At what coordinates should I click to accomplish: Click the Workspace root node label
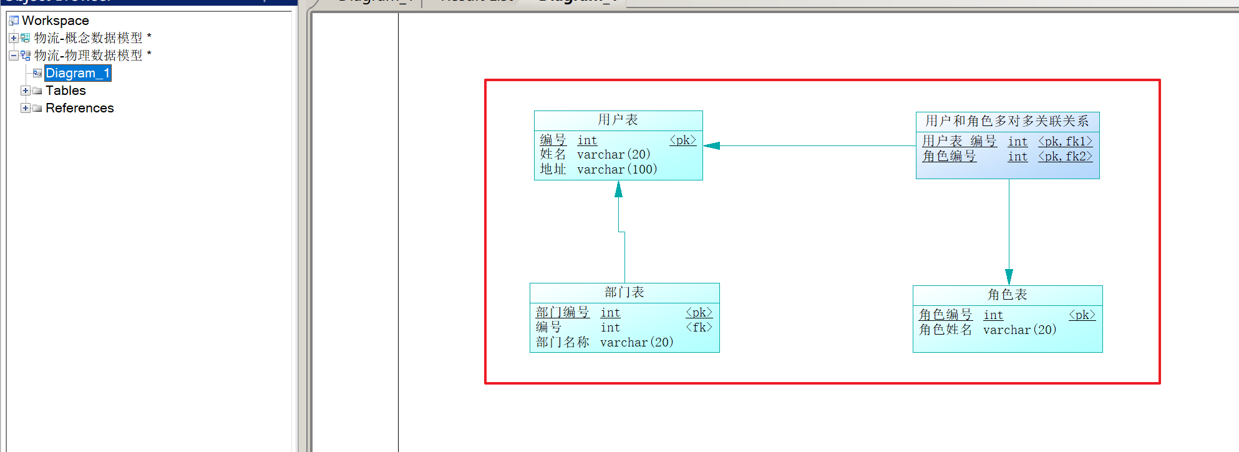(x=55, y=21)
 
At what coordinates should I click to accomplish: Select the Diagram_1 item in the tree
(x=77, y=73)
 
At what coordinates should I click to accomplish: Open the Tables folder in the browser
(x=66, y=91)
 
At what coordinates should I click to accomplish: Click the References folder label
(x=79, y=108)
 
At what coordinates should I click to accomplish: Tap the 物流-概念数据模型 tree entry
(x=88, y=38)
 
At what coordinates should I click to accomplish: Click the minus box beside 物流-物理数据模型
(x=14, y=56)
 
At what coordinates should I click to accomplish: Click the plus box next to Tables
(x=26, y=91)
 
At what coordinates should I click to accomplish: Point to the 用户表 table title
(x=618, y=120)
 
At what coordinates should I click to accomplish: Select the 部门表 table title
(x=624, y=292)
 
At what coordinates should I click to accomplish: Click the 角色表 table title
(x=1007, y=295)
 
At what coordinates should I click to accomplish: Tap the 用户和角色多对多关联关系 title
(x=1007, y=121)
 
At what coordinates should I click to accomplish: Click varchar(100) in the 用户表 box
(x=617, y=169)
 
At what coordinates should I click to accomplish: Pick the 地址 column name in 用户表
(x=553, y=169)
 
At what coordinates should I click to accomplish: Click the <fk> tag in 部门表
(x=699, y=327)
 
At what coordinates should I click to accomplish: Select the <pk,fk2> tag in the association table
(x=1065, y=157)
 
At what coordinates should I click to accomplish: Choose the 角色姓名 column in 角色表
(x=945, y=330)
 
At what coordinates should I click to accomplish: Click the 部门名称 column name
(x=562, y=342)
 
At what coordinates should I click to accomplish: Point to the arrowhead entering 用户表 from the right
(x=712, y=145)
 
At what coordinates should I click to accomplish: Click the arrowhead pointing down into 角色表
(x=1009, y=277)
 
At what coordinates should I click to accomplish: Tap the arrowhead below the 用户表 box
(x=618, y=189)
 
